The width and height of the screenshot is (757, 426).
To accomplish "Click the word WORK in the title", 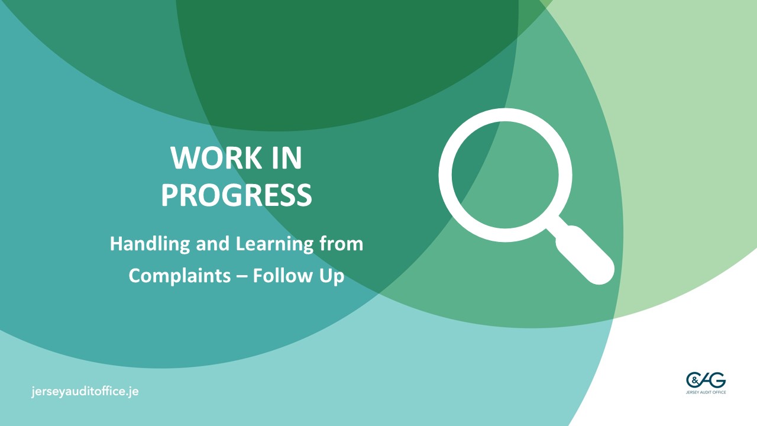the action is [216, 158].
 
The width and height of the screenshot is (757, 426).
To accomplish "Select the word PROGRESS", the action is [236, 195].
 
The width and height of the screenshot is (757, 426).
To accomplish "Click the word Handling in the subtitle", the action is [150, 244].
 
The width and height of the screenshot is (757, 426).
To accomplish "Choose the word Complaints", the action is [180, 276].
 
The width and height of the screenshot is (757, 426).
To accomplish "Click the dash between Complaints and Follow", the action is [242, 276].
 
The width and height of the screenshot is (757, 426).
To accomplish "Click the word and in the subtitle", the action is [213, 243].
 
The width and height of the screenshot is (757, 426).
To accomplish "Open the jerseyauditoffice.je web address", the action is [85, 392].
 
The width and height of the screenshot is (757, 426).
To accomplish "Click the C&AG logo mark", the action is [706, 380].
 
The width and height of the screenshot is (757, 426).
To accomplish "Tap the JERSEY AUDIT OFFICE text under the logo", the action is [706, 392].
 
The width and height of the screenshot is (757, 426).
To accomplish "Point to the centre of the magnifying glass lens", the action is [505, 175].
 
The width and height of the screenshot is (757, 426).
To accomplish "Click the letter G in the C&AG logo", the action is [718, 380].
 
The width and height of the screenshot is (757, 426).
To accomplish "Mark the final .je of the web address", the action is [132, 392].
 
